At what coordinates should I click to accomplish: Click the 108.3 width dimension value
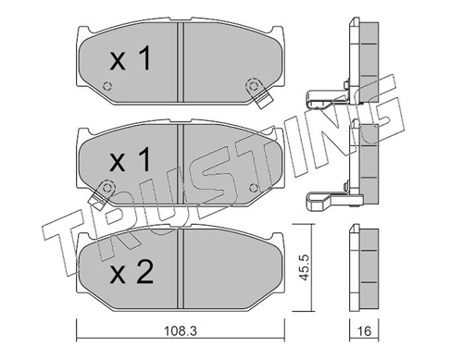(180, 331)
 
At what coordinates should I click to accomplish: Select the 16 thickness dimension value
(364, 331)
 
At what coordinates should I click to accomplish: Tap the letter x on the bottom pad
(118, 276)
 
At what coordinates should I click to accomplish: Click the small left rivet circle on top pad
(107, 86)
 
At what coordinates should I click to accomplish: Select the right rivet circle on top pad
(253, 85)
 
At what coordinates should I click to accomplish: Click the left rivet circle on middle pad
(106, 187)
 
